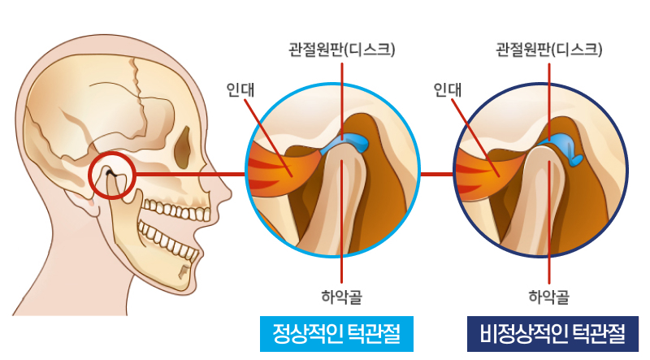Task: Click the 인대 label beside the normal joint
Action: [x=240, y=89]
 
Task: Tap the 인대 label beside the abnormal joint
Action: [x=448, y=89]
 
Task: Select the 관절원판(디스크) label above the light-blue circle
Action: [x=342, y=50]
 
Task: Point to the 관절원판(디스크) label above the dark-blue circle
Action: [x=549, y=50]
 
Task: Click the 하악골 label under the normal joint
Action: [x=341, y=297]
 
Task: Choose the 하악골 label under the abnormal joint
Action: [x=549, y=297]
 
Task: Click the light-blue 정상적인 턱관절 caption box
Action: [x=336, y=334]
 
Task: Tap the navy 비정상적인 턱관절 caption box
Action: [x=552, y=334]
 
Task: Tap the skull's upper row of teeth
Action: [x=177, y=210]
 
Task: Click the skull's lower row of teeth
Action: [x=167, y=241]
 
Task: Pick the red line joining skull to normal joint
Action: [x=190, y=174]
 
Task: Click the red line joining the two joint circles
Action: [x=437, y=174]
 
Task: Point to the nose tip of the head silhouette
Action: [x=229, y=194]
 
